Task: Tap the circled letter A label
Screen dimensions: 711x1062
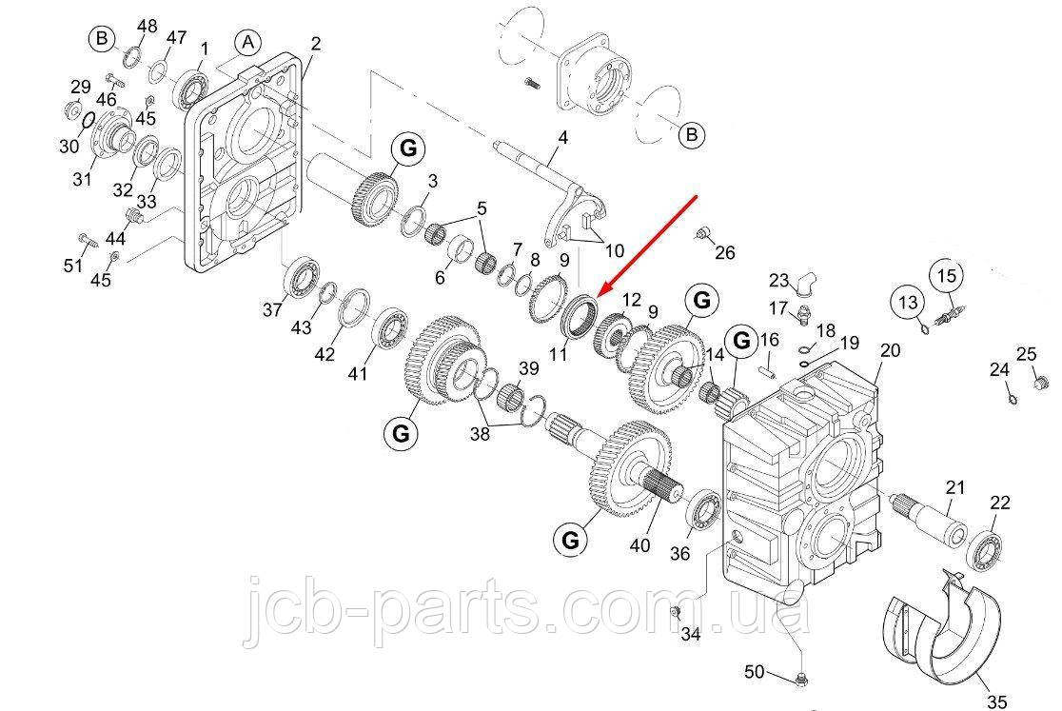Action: click(x=247, y=43)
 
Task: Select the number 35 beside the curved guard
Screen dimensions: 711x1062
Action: click(x=996, y=702)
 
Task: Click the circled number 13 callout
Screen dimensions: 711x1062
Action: click(x=907, y=304)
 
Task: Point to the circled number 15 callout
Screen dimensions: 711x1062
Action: click(x=947, y=275)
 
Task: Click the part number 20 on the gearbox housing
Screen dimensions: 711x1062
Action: click(x=889, y=350)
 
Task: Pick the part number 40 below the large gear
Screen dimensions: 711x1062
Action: click(x=639, y=545)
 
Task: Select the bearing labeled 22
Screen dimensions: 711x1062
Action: click(x=985, y=552)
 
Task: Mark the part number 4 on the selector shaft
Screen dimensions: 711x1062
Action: click(x=562, y=138)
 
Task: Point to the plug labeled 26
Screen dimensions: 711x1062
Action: click(x=703, y=233)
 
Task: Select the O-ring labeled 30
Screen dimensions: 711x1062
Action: click(x=86, y=121)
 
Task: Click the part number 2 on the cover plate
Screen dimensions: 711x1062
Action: click(x=315, y=44)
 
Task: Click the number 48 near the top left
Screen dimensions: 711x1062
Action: click(x=147, y=25)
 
